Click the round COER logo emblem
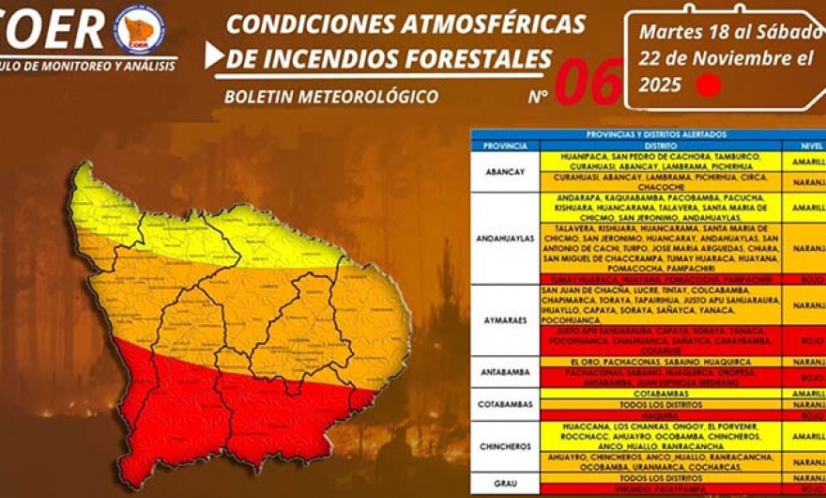[x=138, y=30]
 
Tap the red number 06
[x=589, y=83]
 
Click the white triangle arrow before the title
[x=214, y=55]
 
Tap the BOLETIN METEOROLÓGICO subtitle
[x=331, y=96]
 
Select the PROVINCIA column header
[x=505, y=146]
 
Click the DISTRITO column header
[x=662, y=146]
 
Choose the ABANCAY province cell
[x=505, y=172]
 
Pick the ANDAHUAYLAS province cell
[x=505, y=239]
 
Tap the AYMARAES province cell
[x=505, y=319]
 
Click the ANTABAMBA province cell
[x=505, y=371]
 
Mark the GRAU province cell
[x=505, y=483]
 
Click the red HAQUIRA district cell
[x=662, y=414]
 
